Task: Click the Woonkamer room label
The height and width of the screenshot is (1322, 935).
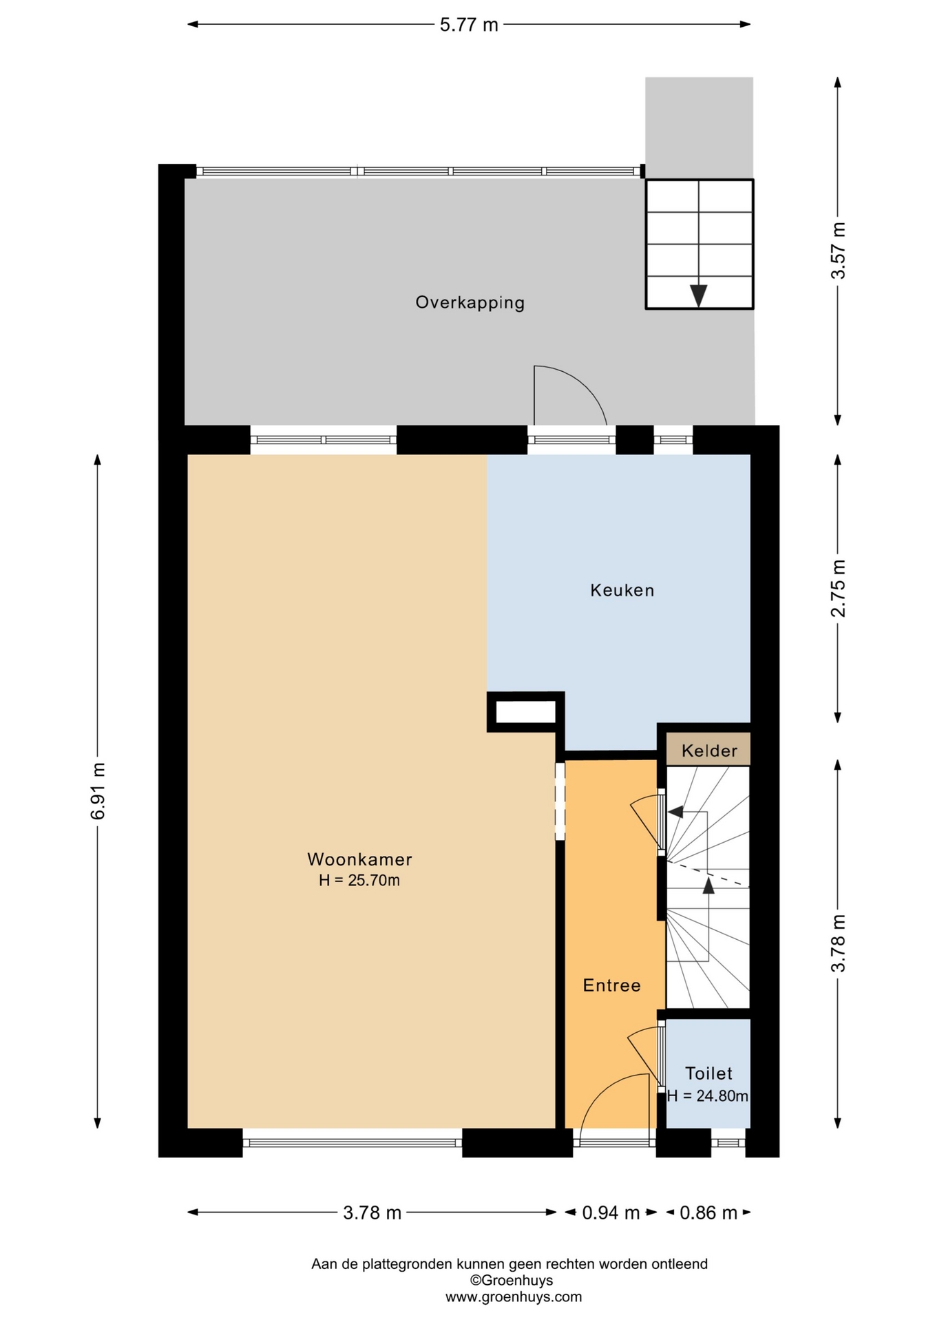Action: pyautogui.click(x=359, y=859)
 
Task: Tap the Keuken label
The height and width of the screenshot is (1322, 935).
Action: pyautogui.click(x=622, y=590)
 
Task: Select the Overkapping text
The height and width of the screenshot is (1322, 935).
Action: pyautogui.click(x=470, y=302)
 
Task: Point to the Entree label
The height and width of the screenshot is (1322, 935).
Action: pyautogui.click(x=612, y=985)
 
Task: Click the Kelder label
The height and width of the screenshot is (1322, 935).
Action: pyautogui.click(x=709, y=751)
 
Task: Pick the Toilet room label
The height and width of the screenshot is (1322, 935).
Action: pyautogui.click(x=709, y=1073)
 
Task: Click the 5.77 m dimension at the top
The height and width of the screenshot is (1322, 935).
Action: pyautogui.click(x=469, y=25)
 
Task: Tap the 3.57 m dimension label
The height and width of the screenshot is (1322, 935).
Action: pyautogui.click(x=838, y=251)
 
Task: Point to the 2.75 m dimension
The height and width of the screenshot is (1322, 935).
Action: pyautogui.click(x=838, y=588)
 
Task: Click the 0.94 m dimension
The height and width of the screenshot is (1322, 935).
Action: pyautogui.click(x=611, y=1232)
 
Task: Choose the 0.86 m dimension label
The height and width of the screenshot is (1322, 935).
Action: pyautogui.click(x=708, y=1232)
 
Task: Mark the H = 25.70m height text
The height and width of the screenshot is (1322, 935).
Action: pyautogui.click(x=359, y=880)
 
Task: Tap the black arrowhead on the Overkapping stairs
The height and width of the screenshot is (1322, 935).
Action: pyautogui.click(x=699, y=296)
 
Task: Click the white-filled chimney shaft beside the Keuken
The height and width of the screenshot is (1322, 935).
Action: pyautogui.click(x=526, y=712)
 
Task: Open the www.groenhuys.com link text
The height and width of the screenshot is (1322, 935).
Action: pyautogui.click(x=514, y=1297)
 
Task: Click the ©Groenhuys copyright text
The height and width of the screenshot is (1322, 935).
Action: pyautogui.click(x=512, y=1281)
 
